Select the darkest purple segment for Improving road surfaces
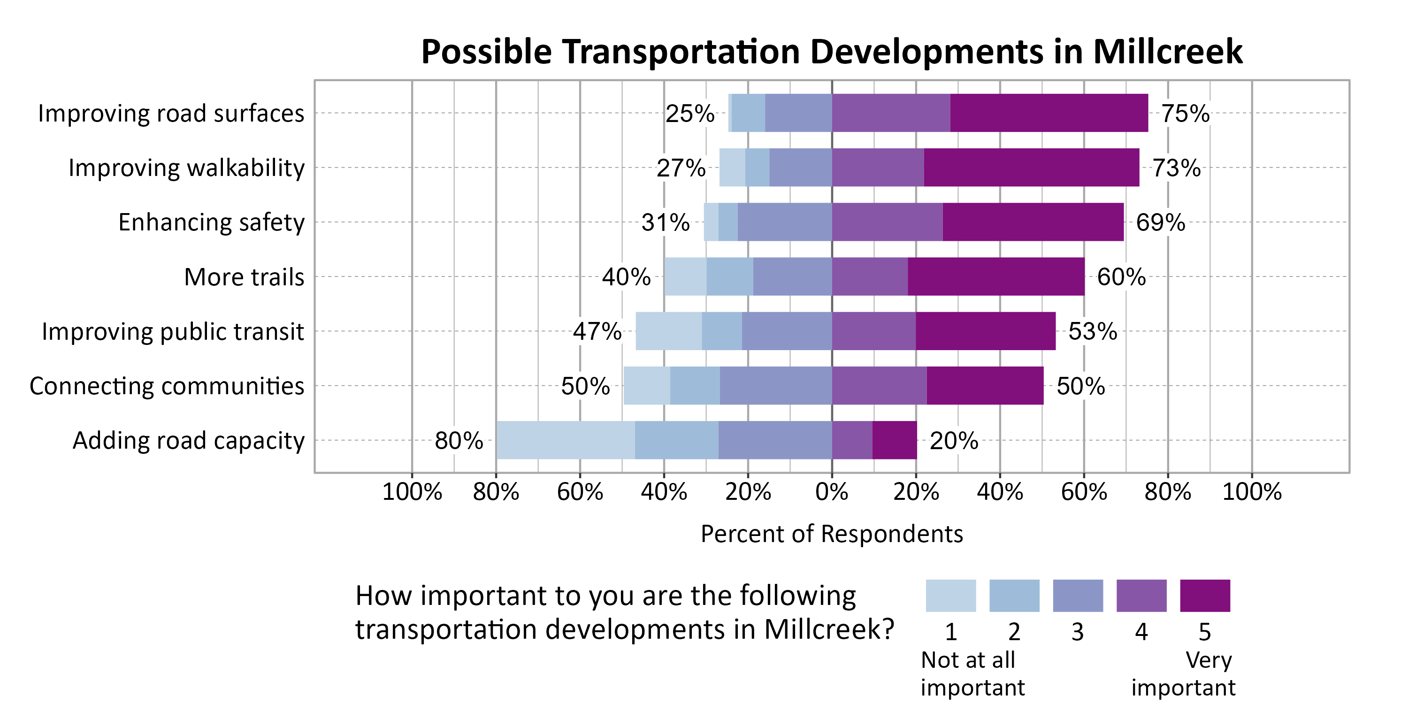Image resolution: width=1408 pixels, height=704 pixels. pyautogui.click(x=1048, y=113)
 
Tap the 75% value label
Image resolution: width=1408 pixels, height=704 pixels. pyautogui.click(x=1185, y=113)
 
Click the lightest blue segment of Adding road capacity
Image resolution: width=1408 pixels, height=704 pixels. pyautogui.click(x=565, y=440)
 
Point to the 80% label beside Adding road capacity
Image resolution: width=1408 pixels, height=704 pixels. pyautogui.click(x=459, y=441)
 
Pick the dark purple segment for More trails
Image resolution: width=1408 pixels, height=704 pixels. pyautogui.click(x=996, y=276)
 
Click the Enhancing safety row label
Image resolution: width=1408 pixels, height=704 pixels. pyautogui.click(x=211, y=222)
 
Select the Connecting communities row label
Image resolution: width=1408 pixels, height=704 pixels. pyautogui.click(x=167, y=386)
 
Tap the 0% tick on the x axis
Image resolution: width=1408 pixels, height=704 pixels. pyautogui.click(x=831, y=492)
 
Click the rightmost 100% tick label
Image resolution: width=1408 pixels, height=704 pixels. pyautogui.click(x=1251, y=492)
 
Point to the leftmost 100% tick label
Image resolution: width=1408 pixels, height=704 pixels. pyautogui.click(x=412, y=492)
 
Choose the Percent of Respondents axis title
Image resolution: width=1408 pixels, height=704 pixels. pyautogui.click(x=831, y=534)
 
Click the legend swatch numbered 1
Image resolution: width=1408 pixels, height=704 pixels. pyautogui.click(x=950, y=595)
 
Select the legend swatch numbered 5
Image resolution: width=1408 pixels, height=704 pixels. pyautogui.click(x=1205, y=595)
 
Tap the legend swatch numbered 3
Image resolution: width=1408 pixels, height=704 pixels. pyautogui.click(x=1077, y=595)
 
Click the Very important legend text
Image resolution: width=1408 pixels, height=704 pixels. pyautogui.click(x=1183, y=673)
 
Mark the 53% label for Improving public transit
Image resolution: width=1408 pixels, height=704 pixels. pyautogui.click(x=1092, y=331)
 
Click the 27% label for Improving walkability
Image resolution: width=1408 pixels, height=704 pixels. pyautogui.click(x=681, y=168)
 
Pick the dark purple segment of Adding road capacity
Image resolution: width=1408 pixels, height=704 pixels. pyautogui.click(x=894, y=440)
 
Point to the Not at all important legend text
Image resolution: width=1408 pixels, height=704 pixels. pyautogui.click(x=972, y=673)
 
